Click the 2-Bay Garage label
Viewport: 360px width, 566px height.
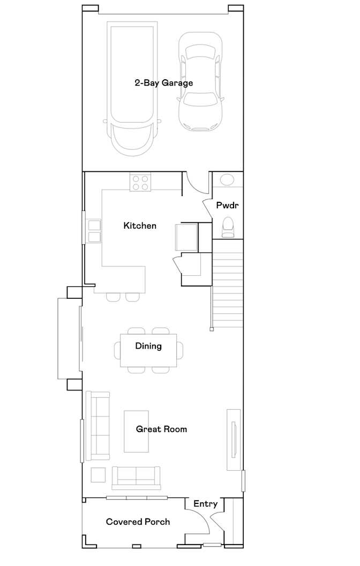point(163,83)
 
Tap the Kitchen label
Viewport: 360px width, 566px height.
point(140,225)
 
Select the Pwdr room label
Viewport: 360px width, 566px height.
point(227,206)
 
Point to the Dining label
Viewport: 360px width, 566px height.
point(148,346)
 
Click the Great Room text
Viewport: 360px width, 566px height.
point(161,429)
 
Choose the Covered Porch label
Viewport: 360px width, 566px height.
point(138,522)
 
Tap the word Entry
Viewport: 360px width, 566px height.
point(206,504)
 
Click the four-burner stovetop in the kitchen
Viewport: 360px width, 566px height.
point(140,182)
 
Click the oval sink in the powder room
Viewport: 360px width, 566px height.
point(227,180)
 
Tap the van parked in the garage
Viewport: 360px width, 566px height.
point(132,89)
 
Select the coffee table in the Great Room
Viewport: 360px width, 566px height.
point(136,431)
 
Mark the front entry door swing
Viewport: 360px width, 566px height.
point(198,521)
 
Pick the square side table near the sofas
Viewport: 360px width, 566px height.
point(98,474)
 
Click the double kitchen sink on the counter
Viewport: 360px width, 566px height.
point(94,231)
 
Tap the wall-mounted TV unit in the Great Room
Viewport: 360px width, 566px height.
point(234,440)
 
